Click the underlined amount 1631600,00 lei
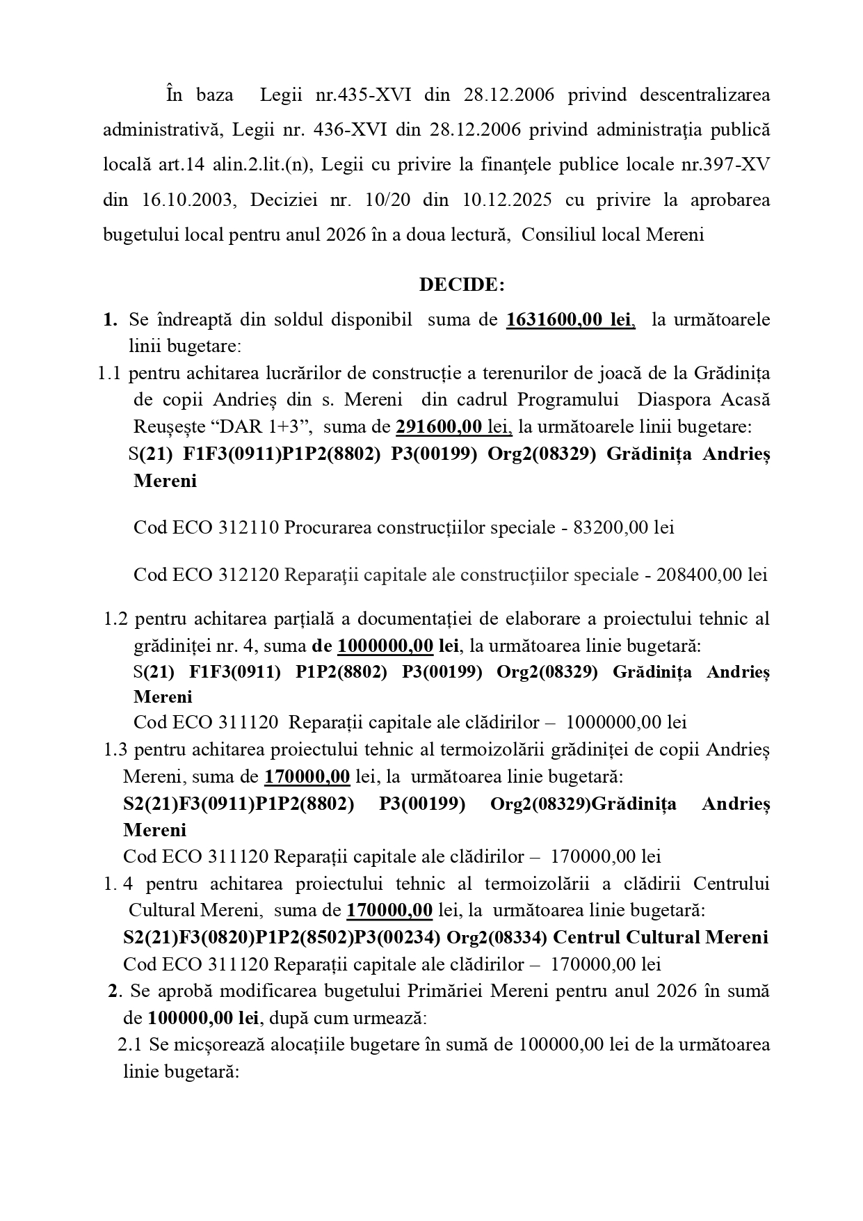point(570,319)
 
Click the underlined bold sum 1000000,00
point(385,646)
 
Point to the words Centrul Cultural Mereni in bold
point(661,937)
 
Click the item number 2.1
point(130,1045)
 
